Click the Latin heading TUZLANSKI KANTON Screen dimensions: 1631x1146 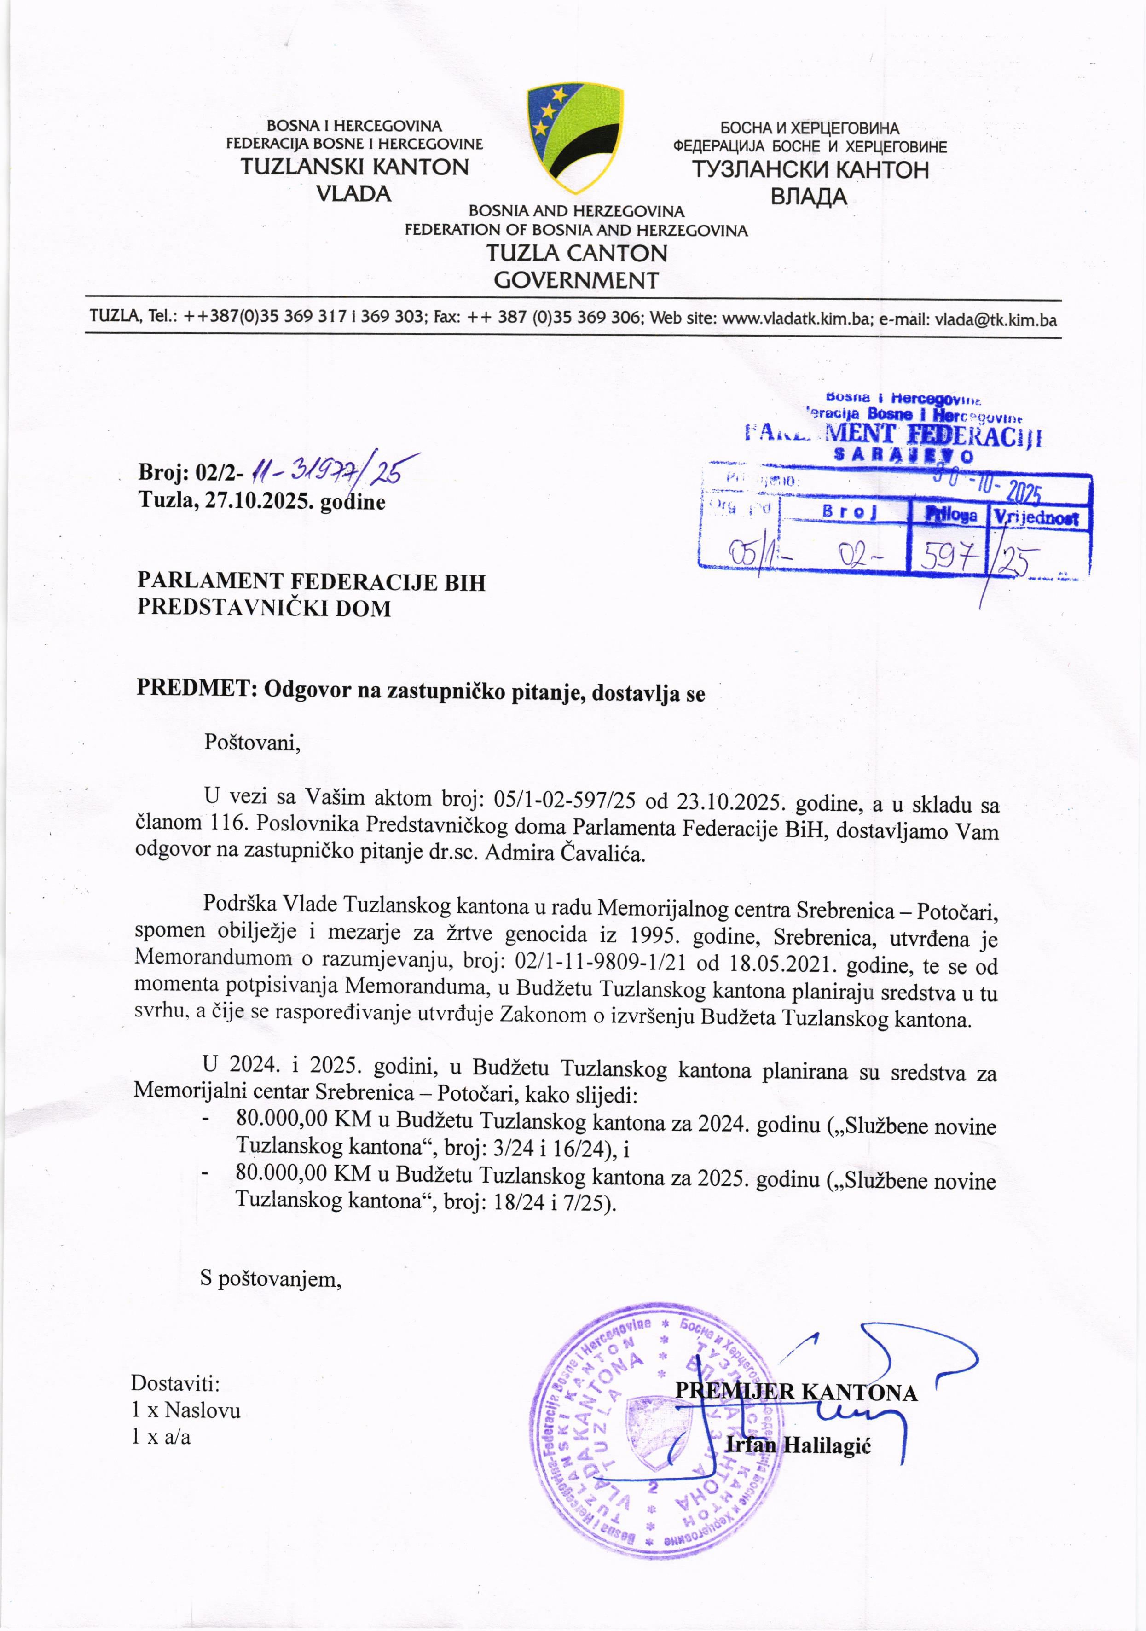pyautogui.click(x=354, y=167)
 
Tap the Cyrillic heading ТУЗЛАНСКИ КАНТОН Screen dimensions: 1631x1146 pyautogui.click(x=810, y=170)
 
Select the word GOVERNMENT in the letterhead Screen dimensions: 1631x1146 pyautogui.click(x=576, y=280)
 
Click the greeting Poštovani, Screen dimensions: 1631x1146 pyautogui.click(x=253, y=743)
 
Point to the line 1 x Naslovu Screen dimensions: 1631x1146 pyautogui.click(x=186, y=1410)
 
